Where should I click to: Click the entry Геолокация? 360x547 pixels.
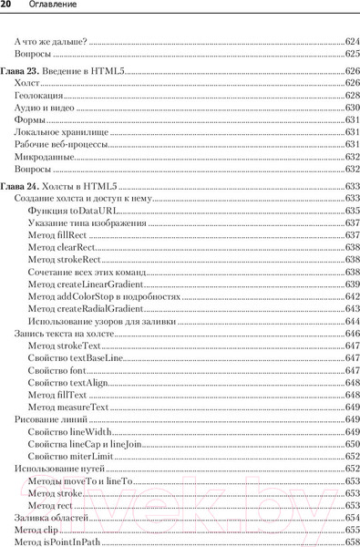pyautogui.click(x=39, y=95)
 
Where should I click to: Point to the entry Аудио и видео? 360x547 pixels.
pyautogui.click(x=45, y=108)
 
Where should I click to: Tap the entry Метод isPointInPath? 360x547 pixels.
pyautogui.click(x=57, y=542)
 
